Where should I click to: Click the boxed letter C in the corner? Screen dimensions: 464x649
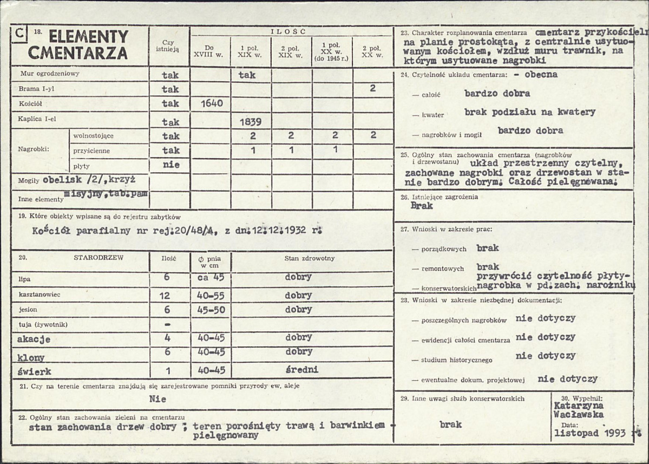pos(19,34)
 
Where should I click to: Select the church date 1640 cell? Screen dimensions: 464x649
pos(211,103)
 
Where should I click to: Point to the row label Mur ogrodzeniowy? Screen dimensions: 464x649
pos(50,74)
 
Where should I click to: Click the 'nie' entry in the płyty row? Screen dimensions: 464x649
pos(171,165)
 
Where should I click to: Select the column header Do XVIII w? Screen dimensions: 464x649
pos(210,51)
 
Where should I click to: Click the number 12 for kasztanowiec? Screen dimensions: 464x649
pos(165,296)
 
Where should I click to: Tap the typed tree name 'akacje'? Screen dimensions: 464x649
pos(34,339)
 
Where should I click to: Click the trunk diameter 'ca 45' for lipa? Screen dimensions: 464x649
pos(211,277)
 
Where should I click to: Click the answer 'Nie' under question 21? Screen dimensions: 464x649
pos(158,399)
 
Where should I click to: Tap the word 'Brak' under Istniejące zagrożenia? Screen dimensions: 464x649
pos(422,206)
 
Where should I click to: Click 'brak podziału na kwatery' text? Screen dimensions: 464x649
pos(529,112)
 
